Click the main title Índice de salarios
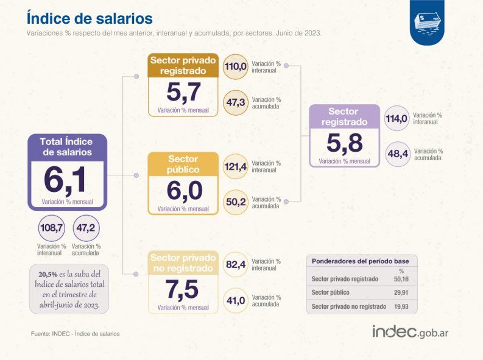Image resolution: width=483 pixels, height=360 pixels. pos(90,17)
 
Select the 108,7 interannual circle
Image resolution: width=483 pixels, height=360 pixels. pos(51,228)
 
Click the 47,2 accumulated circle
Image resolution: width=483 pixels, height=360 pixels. pos(86,228)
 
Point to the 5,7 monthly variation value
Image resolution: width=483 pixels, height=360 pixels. pos(183,92)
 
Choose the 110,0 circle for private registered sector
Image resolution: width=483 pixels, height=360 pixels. pos(235,66)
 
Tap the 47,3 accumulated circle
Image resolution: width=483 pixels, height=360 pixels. pos(235,102)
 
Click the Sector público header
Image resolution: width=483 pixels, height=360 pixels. pos(183,164)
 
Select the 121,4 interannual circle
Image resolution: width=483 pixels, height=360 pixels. pos(235,166)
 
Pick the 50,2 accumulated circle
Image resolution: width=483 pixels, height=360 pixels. pos(235,202)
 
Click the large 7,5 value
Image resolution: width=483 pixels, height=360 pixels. pos(183,289)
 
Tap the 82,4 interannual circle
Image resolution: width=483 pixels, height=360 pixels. pos(235,264)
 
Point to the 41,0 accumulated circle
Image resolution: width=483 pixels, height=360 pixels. pos(235,300)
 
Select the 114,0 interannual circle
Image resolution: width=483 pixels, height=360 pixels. pos(397,118)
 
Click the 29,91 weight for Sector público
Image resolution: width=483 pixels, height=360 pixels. pos(400,292)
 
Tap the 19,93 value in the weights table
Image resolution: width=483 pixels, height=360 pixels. pos(400,306)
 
